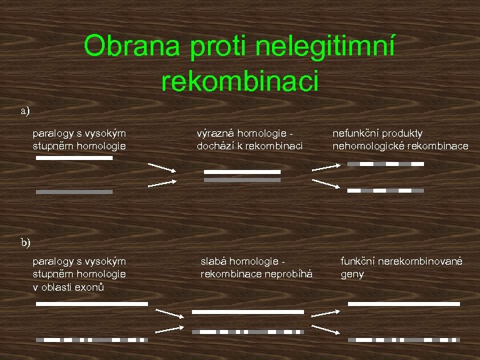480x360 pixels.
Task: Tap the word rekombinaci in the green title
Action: point(240,81)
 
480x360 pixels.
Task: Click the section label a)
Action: point(25,111)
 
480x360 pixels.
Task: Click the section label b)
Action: point(25,242)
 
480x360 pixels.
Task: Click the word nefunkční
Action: point(357,133)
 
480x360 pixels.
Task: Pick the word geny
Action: point(353,274)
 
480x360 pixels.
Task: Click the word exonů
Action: point(93,287)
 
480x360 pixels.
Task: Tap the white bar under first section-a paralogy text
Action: point(74,158)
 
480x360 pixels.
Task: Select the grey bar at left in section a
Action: point(74,192)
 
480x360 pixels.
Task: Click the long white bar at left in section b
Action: point(91,303)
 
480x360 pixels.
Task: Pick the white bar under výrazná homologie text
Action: point(243,171)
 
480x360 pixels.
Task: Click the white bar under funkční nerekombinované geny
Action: point(404,303)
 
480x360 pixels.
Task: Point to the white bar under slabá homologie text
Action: point(247,311)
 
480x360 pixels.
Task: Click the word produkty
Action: point(406,133)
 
